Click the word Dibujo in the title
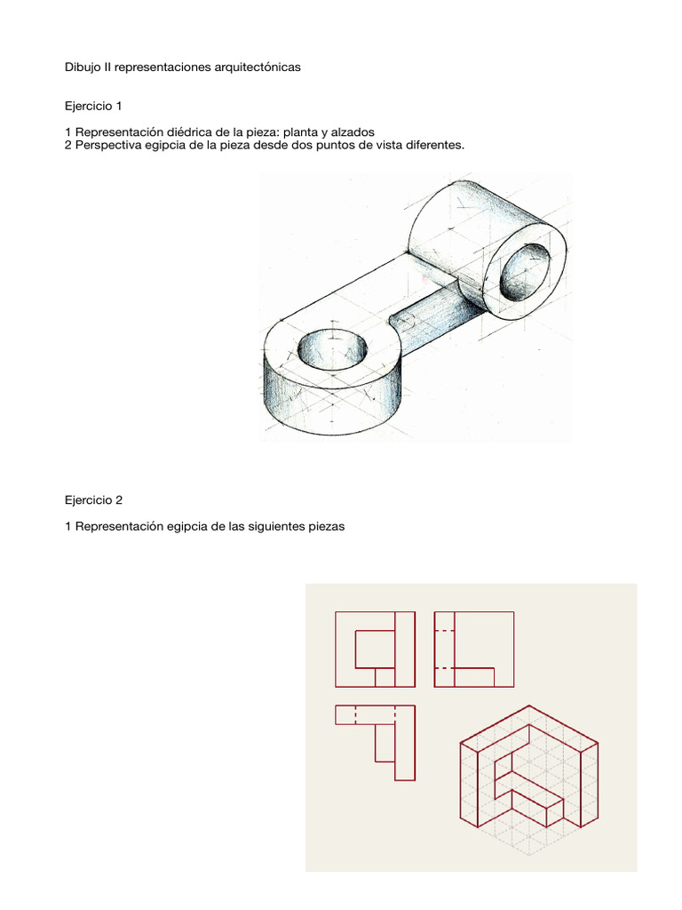(84, 68)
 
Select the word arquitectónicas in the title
(255, 68)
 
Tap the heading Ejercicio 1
(93, 107)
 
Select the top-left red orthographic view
(375, 649)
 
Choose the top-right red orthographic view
(473, 649)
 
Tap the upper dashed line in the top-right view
(444, 630)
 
